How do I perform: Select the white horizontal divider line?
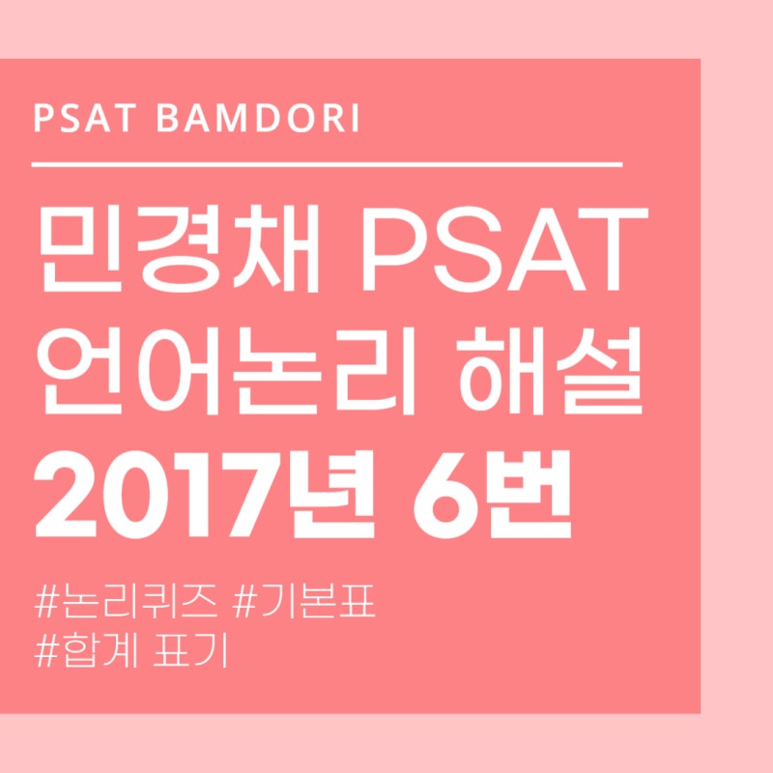pyautogui.click(x=327, y=165)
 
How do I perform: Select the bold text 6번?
pyautogui.click(x=502, y=497)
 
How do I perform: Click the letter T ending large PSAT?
pyautogui.click(x=610, y=254)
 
